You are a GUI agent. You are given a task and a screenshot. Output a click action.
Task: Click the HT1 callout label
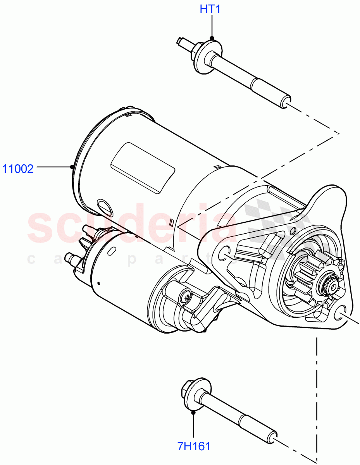click(x=210, y=9)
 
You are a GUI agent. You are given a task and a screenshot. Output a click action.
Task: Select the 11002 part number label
click(x=18, y=169)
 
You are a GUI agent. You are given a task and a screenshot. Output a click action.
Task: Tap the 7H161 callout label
click(x=194, y=446)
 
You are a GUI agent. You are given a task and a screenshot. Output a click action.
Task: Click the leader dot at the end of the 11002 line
click(x=72, y=167)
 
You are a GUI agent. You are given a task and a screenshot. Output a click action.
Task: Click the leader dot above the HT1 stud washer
click(x=212, y=38)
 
